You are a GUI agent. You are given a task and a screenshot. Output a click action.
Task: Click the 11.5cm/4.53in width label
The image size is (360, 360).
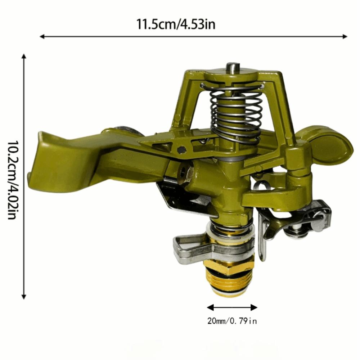coord(176,24)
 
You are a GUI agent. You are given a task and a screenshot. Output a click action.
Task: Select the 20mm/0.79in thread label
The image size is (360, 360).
coord(232,321)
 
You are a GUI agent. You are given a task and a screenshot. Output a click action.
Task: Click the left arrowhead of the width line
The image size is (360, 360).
coord(42,36)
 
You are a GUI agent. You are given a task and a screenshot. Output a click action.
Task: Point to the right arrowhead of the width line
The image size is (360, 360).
coord(345,36)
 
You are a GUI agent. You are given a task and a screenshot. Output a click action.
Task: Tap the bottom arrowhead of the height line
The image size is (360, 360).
coord(23,297)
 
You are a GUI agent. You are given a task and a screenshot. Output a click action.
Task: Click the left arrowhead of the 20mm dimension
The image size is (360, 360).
coord(210,307)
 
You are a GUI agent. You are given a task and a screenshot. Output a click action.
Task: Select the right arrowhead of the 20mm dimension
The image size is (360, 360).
coord(254,307)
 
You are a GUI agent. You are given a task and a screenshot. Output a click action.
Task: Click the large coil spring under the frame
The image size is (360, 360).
coord(236,114)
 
